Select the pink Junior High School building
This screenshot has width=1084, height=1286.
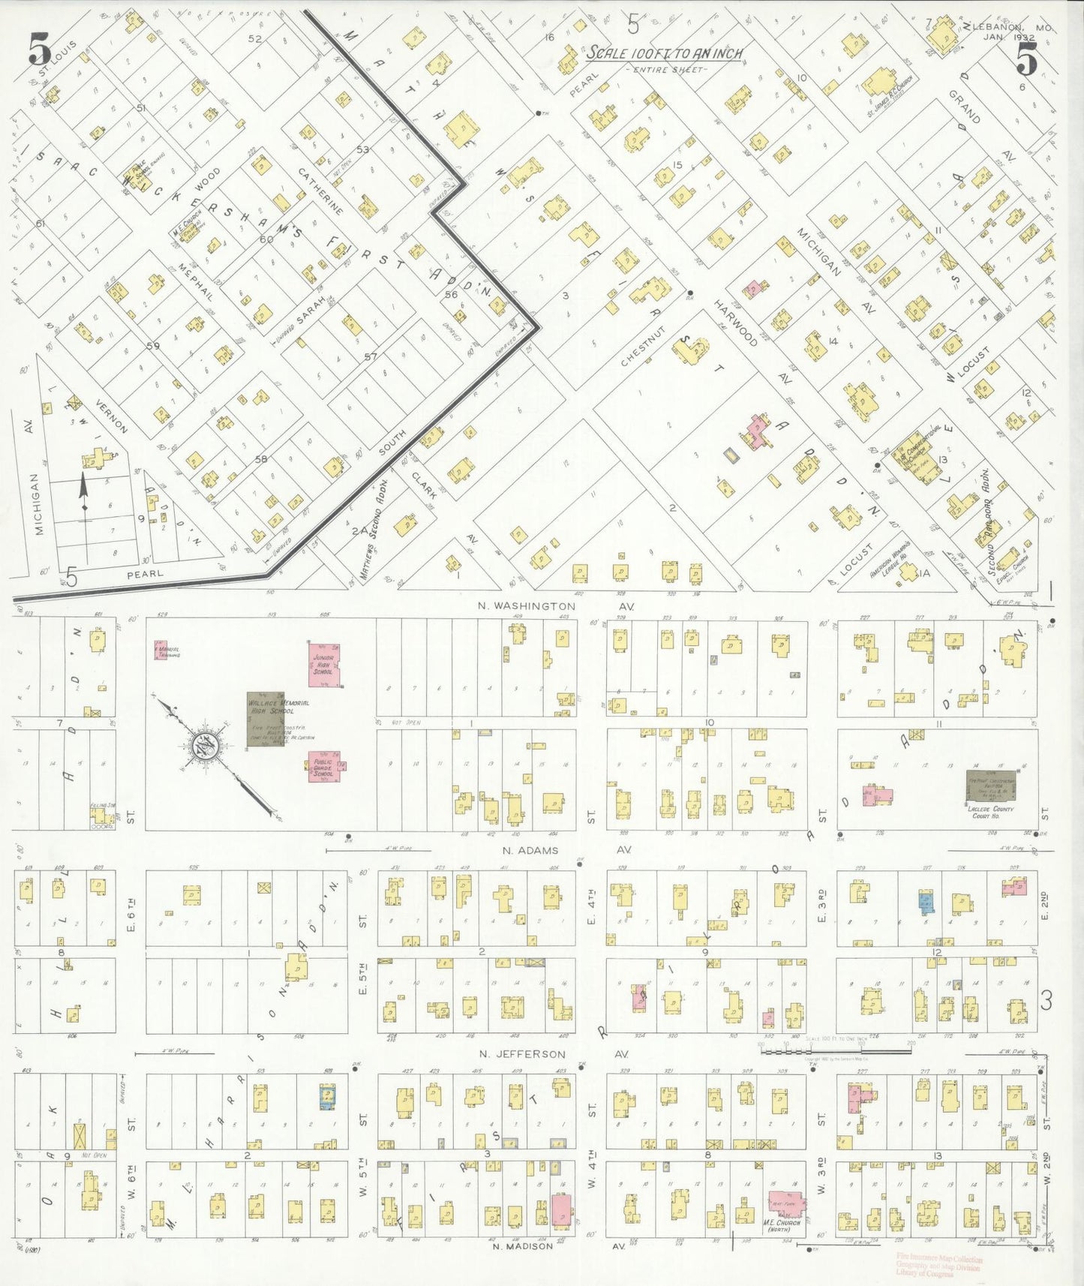click(325, 663)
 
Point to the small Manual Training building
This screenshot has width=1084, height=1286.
click(161, 650)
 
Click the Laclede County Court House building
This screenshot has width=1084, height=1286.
click(989, 785)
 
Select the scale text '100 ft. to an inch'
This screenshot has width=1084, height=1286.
click(664, 53)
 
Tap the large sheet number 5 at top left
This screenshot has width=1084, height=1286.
click(39, 51)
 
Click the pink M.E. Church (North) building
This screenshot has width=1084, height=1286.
click(785, 1203)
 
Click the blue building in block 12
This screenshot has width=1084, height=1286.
click(926, 902)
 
